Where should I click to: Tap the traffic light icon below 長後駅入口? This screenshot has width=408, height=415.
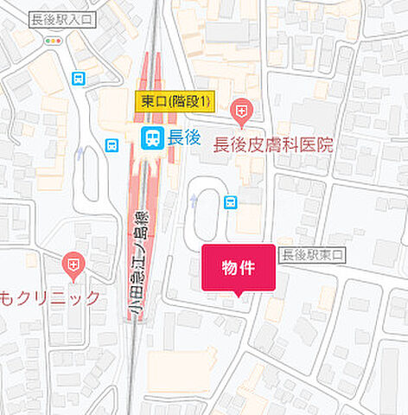click(54, 40)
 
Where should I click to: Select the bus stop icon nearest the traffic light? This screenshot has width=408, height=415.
click(80, 79)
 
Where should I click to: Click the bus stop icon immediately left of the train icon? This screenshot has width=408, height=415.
click(112, 145)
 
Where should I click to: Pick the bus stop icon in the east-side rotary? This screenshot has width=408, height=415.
click(230, 201)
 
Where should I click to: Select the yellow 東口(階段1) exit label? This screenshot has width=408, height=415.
click(174, 102)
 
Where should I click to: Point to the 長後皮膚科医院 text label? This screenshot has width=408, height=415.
click(273, 145)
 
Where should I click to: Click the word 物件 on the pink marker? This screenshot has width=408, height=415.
click(238, 267)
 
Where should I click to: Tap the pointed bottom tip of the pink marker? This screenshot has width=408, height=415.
click(238, 296)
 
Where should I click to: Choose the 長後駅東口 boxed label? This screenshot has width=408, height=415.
click(311, 254)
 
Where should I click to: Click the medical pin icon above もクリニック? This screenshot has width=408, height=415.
click(73, 264)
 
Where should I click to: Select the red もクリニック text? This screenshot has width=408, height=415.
click(50, 297)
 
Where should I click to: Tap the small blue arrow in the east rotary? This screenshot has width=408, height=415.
click(194, 200)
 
